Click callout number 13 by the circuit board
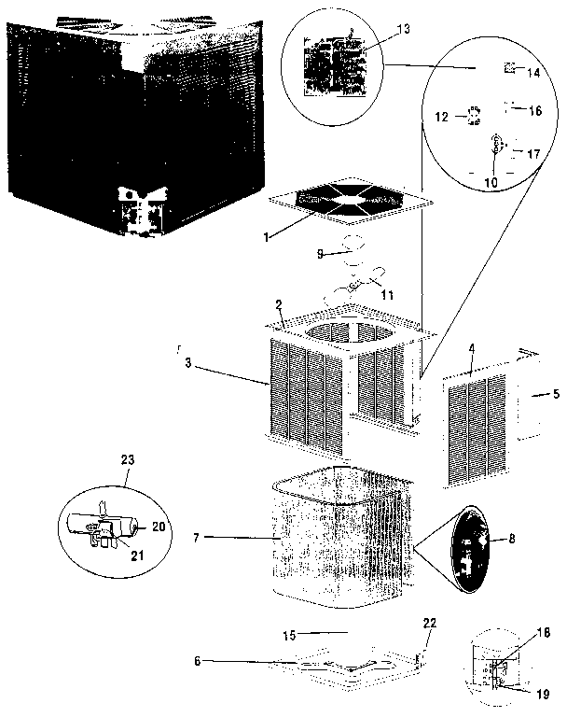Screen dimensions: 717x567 (402, 30)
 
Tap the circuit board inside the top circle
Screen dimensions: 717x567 (333, 62)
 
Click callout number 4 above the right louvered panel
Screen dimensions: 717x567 (472, 349)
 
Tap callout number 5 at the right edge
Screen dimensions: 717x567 (556, 394)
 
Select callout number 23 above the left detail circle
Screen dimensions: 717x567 (128, 459)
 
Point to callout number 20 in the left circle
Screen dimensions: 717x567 (158, 527)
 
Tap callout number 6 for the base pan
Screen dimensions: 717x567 (197, 661)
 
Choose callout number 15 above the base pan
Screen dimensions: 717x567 (289, 635)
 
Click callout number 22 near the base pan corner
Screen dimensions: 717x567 (428, 624)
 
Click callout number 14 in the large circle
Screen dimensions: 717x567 (533, 72)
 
